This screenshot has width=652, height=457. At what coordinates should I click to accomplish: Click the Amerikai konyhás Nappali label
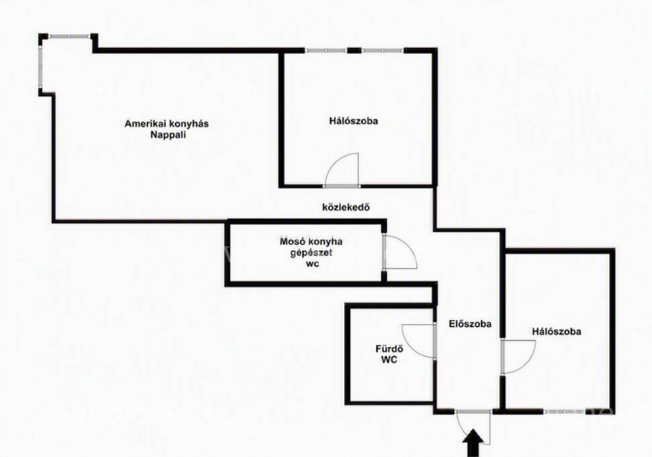[167, 129]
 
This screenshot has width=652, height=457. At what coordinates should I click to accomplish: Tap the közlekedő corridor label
[346, 207]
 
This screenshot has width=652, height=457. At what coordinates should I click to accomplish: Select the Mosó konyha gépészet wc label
[311, 252]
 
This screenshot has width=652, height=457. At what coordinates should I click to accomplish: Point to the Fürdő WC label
[389, 354]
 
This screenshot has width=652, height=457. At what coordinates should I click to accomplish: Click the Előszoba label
[470, 323]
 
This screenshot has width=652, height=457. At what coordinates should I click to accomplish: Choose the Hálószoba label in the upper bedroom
[354, 121]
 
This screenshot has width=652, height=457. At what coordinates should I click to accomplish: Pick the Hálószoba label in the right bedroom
[556, 332]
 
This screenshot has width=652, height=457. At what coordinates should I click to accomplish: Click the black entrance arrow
[473, 444]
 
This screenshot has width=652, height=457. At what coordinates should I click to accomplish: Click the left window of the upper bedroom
[326, 51]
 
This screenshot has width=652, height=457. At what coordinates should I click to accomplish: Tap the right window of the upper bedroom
[382, 51]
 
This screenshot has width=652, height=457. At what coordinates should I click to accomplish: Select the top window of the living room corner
[70, 37]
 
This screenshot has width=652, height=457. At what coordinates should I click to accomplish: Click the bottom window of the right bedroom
[565, 411]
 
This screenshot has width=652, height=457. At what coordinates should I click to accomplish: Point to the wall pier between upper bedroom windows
[354, 51]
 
